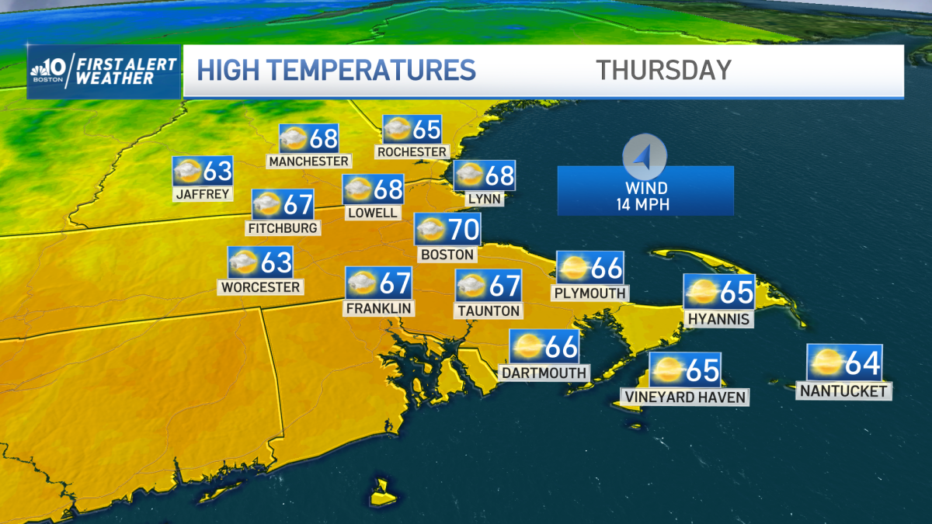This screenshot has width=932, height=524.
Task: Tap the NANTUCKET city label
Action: coord(843,391)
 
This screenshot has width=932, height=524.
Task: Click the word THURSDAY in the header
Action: coord(664,70)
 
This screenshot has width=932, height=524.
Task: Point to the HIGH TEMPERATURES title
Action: coord(336,70)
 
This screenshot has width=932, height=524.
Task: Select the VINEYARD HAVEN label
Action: coord(684,397)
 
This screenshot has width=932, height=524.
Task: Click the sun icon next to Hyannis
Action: coord(701,292)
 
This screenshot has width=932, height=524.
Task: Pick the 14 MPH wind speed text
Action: coord(645,205)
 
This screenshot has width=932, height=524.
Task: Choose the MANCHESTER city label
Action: coord(308,161)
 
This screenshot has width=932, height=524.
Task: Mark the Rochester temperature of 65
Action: coord(426,129)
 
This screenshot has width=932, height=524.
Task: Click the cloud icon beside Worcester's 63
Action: coord(244,262)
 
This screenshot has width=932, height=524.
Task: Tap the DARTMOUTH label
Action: coord(544,373)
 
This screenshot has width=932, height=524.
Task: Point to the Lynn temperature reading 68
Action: coord(499,175)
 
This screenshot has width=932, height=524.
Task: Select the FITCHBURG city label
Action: coord(282,228)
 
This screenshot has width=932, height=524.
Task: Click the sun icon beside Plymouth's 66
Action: coord(573,269)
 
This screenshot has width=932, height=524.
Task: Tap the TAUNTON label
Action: coord(488,311)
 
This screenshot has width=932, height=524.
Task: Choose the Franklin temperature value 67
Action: coord(395,283)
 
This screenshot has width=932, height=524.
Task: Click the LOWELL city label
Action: coord(373,212)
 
